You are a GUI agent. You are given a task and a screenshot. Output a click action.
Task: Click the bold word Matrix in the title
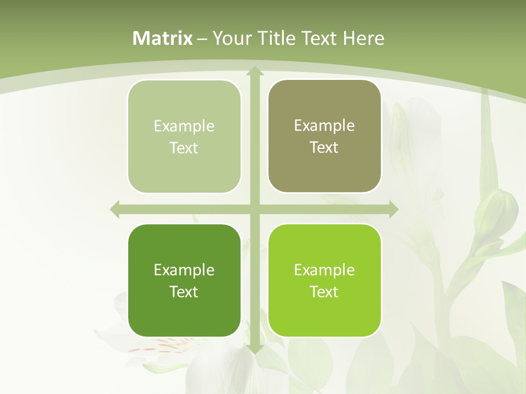pyautogui.click(x=163, y=38)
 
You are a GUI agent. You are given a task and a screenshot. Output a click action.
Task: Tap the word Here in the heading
pyautogui.click(x=363, y=38)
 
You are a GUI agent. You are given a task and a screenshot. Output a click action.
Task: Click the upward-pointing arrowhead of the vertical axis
pyautogui.click(x=255, y=71)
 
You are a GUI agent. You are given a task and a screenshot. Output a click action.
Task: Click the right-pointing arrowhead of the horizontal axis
pyautogui.click(x=393, y=209)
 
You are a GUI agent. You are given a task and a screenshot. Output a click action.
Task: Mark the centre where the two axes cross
pyautogui.click(x=255, y=209)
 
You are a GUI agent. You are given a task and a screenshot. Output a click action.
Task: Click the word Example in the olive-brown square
pyautogui.click(x=324, y=125)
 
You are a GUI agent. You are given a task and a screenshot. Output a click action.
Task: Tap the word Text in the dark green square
pyautogui.click(x=184, y=292)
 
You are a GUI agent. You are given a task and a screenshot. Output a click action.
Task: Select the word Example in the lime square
pyautogui.click(x=324, y=270)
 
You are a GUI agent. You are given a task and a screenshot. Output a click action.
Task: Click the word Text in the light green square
pyautogui.click(x=184, y=148)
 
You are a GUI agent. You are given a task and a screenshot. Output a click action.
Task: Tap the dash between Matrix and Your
pyautogui.click(x=202, y=39)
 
